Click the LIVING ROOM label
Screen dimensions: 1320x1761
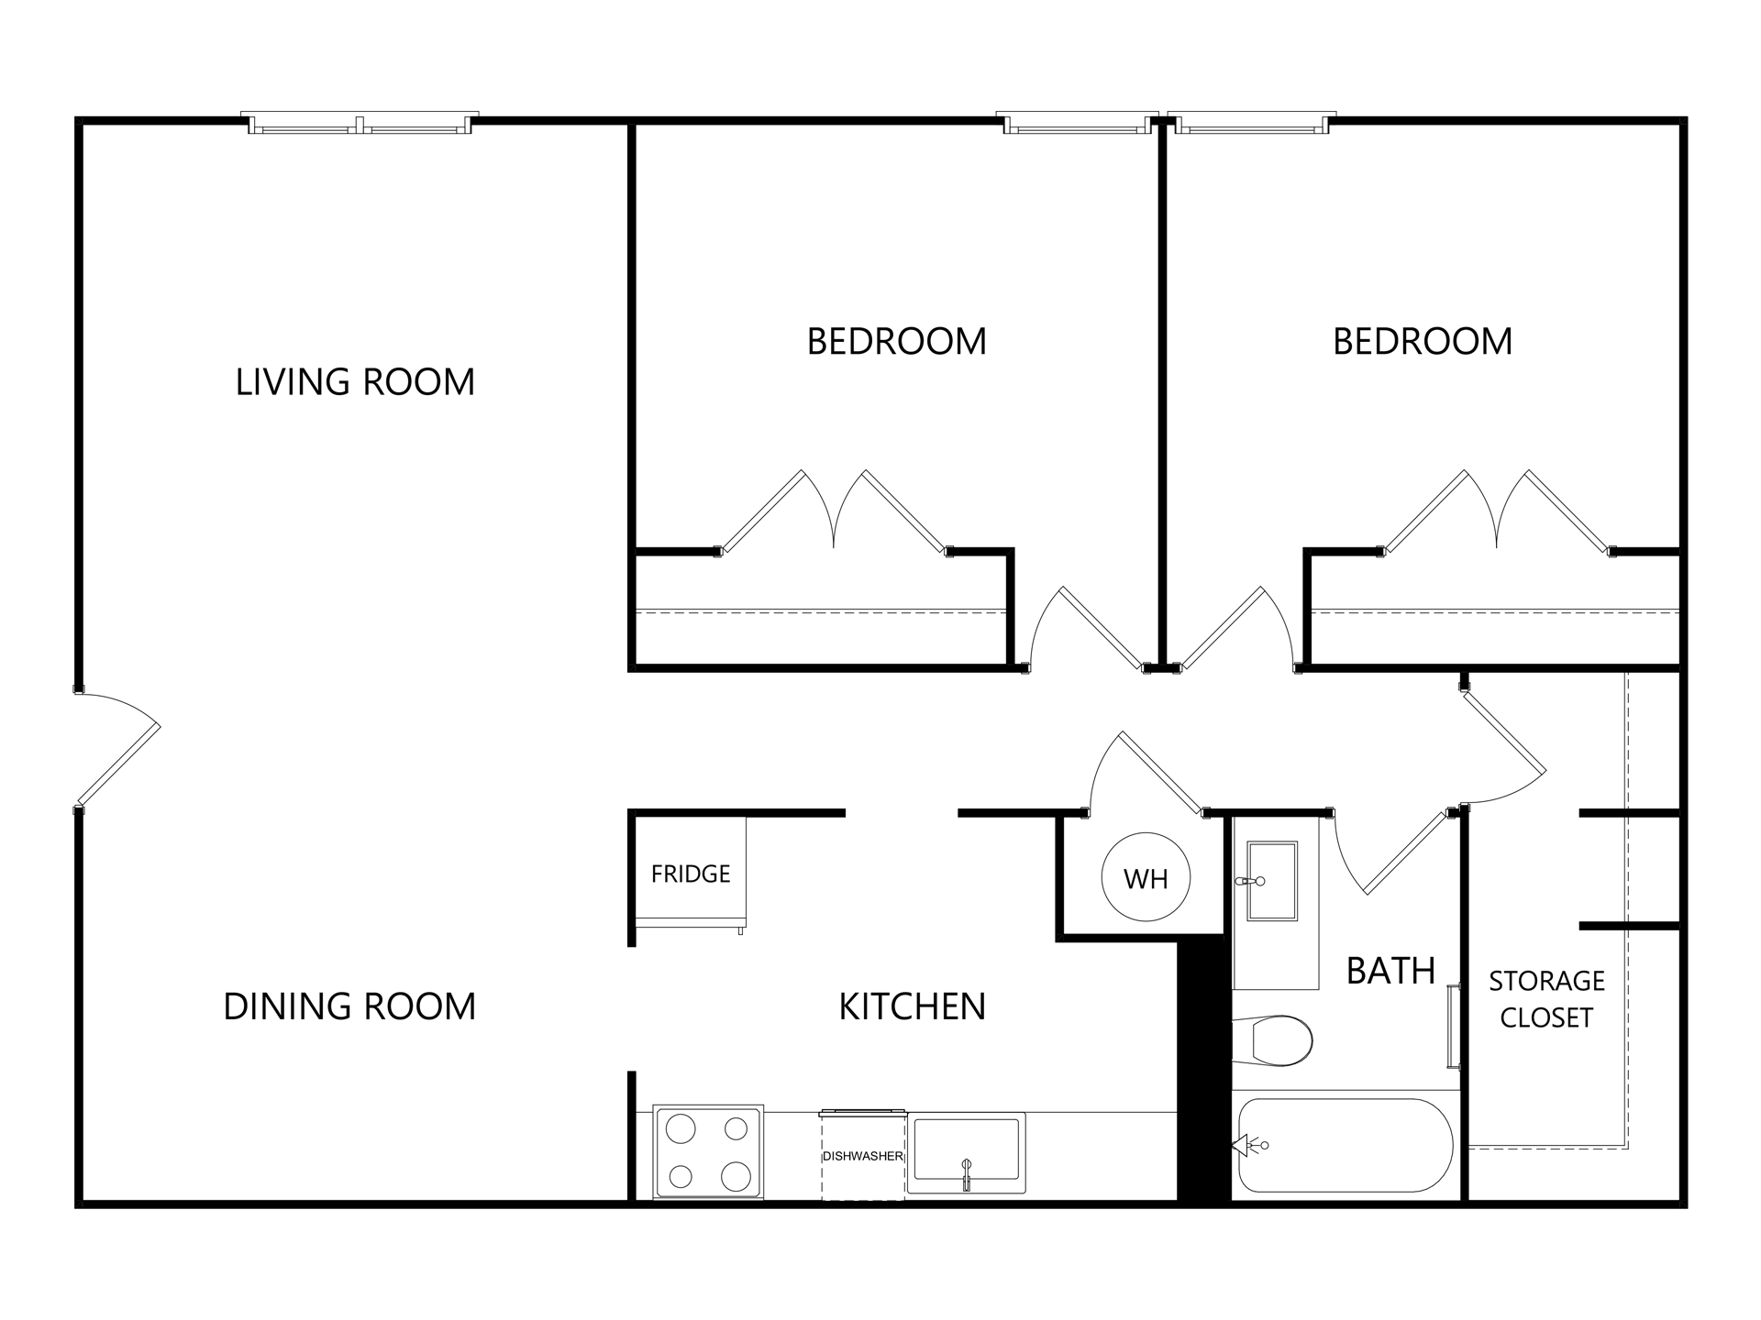tap(355, 382)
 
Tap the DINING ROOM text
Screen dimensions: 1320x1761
tap(349, 1006)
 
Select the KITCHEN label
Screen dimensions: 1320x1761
tap(912, 1006)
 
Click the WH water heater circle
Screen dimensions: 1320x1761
tap(1146, 878)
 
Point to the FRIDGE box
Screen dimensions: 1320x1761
tap(691, 874)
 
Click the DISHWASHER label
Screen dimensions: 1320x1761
tap(862, 1156)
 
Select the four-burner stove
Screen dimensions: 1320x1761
tap(707, 1152)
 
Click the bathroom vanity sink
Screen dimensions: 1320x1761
tap(1271, 881)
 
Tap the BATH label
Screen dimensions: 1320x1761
tap(1390, 971)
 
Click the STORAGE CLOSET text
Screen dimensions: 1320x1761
tap(1546, 999)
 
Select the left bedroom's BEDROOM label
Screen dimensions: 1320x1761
tap(896, 342)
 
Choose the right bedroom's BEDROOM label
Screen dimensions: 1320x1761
tap(1422, 342)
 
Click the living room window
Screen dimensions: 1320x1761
tap(360, 124)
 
